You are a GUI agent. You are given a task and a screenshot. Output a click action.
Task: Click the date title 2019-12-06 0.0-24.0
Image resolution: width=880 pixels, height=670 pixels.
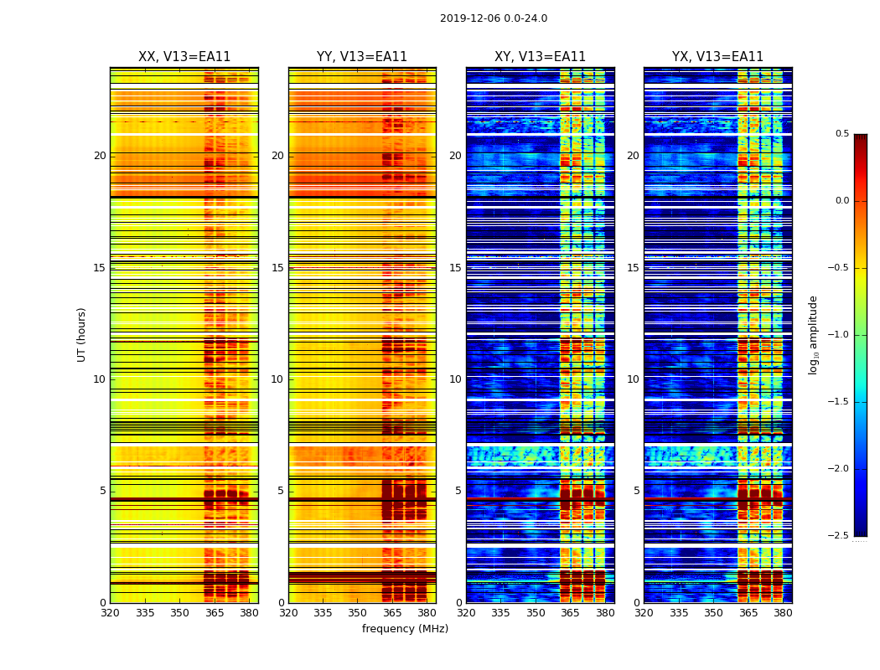494,18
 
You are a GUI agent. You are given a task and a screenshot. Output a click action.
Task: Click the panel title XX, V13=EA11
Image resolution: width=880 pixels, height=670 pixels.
184,57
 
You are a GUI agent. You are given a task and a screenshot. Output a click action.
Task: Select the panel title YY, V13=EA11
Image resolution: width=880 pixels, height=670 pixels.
362,57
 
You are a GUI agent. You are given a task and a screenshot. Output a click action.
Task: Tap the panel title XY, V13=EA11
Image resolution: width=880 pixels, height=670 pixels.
540,57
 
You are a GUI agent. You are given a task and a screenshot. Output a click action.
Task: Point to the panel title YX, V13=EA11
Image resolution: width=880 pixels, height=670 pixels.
717,57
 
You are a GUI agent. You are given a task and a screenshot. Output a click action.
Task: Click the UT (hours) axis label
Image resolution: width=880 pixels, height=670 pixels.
82,334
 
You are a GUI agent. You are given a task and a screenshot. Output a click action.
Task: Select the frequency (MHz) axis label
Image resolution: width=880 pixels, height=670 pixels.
405,629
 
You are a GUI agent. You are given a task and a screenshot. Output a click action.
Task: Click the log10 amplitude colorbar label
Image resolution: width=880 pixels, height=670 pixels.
813,335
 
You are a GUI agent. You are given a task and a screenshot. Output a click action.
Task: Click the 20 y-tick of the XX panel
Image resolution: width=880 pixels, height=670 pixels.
100,156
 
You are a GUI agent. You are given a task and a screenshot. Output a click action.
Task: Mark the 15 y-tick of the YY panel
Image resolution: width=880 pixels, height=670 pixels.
277,268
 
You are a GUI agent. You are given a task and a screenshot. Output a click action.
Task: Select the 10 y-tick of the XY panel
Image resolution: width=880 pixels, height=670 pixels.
455,379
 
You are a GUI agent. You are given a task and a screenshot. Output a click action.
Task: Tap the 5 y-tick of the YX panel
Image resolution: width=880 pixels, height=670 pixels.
636,491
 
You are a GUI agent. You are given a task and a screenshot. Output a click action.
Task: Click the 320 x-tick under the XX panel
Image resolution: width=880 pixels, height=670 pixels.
110,613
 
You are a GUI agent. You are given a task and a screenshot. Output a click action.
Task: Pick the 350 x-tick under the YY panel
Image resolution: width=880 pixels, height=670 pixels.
358,613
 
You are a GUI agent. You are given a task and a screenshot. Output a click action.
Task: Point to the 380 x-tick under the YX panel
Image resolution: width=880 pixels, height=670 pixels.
783,613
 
